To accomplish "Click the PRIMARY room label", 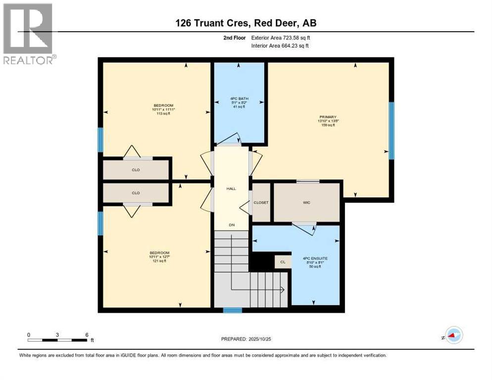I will click(x=326, y=117).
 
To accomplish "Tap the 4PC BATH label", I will click(x=240, y=98).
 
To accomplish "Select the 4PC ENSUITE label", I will click(x=312, y=258).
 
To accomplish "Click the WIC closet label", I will click(x=307, y=202).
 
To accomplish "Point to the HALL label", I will click(x=231, y=189).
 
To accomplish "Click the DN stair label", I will click(x=231, y=225).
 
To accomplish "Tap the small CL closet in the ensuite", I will click(x=283, y=262).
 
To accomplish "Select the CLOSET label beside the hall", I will click(x=261, y=202).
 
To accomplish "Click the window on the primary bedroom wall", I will click(x=391, y=131).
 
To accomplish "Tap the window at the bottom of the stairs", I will click(x=232, y=310).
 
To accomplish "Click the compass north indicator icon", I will click(x=453, y=335).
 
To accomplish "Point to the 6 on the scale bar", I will click(x=87, y=334).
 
